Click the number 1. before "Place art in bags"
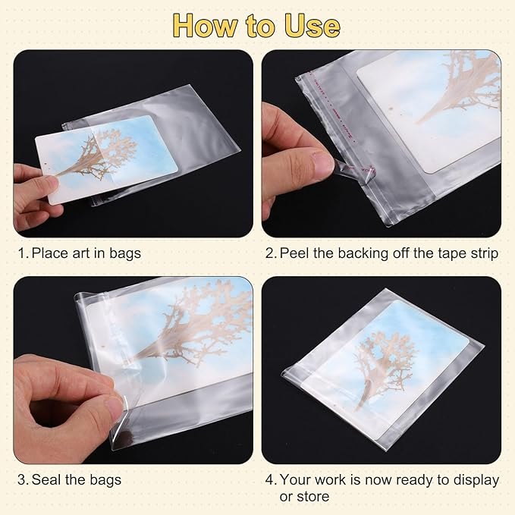(x=23, y=253)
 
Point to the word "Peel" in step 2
(x=295, y=253)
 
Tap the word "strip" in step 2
(x=482, y=253)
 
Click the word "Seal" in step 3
(x=47, y=479)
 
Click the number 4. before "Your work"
(x=270, y=479)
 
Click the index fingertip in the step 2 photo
(x=321, y=162)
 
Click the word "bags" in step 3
(x=103, y=479)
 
